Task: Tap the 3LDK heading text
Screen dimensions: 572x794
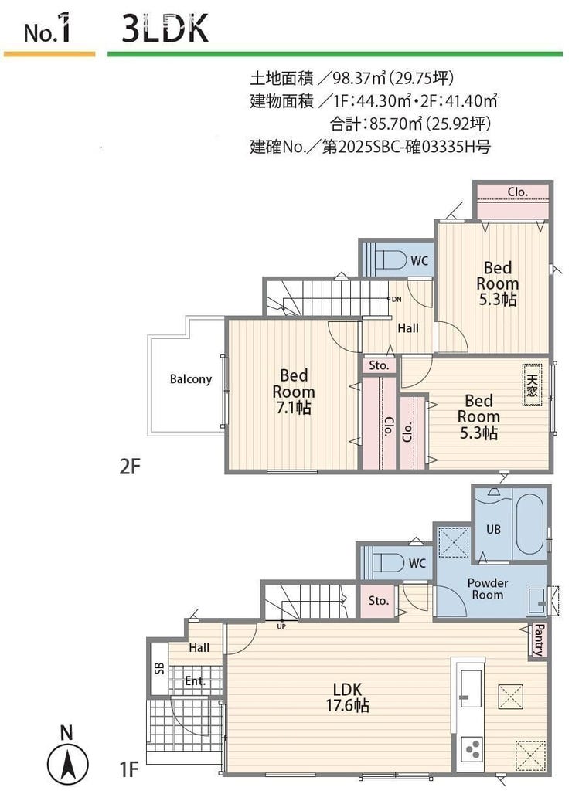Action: [165, 29]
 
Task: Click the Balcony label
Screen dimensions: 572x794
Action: [190, 379]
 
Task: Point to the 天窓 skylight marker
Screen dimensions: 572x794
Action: [532, 386]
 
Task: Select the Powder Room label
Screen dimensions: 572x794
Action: [488, 589]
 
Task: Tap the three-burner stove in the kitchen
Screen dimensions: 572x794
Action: [472, 749]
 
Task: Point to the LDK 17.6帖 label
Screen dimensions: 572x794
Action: [348, 697]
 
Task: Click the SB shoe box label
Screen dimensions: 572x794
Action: [159, 667]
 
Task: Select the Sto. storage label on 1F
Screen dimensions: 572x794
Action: [379, 601]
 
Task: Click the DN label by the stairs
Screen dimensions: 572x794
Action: [397, 299]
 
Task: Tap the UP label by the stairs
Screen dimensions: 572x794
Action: [281, 626]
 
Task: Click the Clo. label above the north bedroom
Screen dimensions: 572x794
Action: [518, 192]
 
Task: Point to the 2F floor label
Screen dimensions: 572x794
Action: [129, 467]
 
